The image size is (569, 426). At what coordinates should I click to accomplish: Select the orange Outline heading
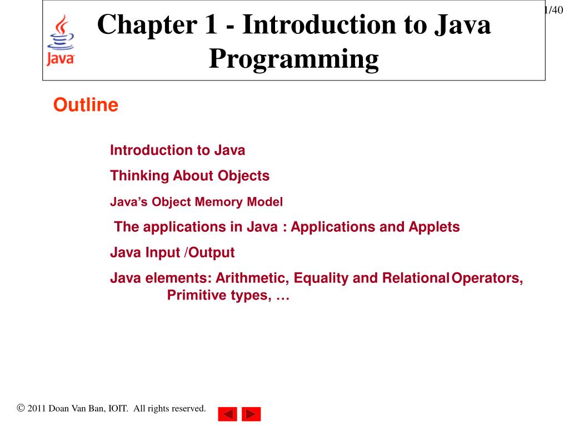(x=86, y=105)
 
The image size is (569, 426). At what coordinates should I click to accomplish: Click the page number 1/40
(x=554, y=10)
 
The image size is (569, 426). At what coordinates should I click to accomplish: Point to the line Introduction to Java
(x=177, y=150)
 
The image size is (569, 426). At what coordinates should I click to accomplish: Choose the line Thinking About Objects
(x=189, y=176)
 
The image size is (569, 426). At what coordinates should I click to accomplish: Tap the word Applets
(x=434, y=227)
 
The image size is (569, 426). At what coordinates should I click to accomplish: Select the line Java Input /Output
(x=172, y=253)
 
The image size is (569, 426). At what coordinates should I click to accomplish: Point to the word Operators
(x=487, y=278)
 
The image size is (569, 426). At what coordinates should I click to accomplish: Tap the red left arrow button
(x=227, y=414)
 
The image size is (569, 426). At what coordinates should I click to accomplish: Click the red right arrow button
(x=251, y=414)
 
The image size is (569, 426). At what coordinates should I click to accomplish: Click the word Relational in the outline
(x=416, y=278)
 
